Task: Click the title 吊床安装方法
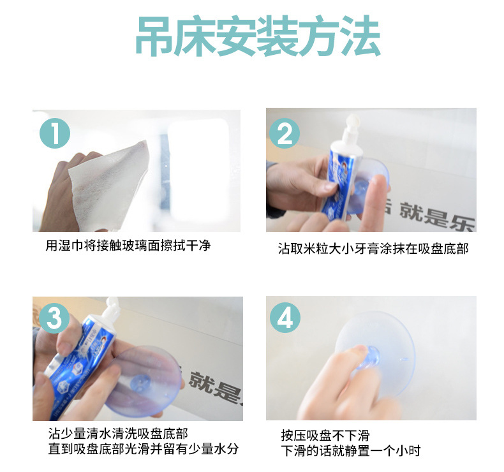(258, 36)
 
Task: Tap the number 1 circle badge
(55, 133)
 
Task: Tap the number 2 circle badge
(285, 133)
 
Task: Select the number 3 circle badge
(54, 318)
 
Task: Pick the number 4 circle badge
(285, 318)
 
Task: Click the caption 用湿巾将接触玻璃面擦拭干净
(128, 246)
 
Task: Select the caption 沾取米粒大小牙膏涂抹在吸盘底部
(373, 248)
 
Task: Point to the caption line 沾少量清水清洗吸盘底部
(118, 434)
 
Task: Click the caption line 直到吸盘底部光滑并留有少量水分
(144, 449)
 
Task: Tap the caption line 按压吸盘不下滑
(325, 436)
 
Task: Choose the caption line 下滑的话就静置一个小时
(351, 450)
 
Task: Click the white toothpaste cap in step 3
(112, 306)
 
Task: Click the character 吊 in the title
(155, 36)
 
